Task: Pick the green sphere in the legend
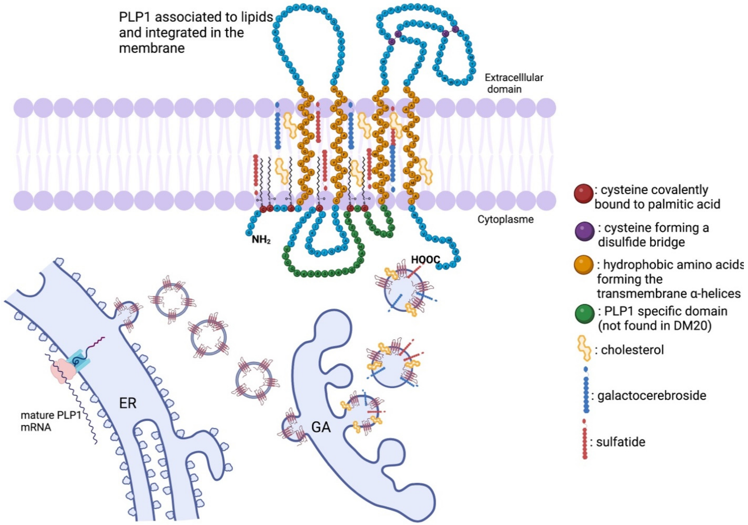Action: [x=585, y=314]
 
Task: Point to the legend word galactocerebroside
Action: [x=652, y=396]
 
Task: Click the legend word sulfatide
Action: [x=621, y=442]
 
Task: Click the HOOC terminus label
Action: [x=425, y=260]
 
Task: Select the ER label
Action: [x=128, y=404]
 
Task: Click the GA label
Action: [x=321, y=427]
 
